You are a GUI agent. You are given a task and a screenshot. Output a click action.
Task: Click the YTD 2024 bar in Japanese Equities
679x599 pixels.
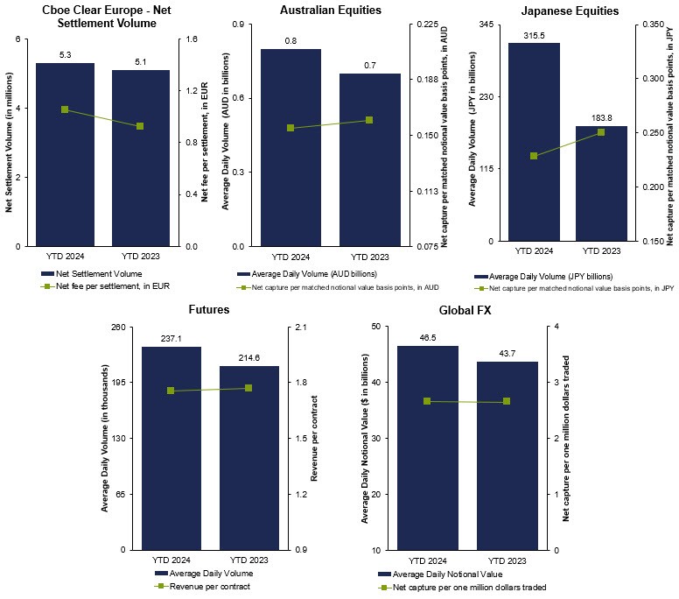534,142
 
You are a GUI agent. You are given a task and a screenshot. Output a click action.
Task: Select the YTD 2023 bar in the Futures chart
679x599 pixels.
248,457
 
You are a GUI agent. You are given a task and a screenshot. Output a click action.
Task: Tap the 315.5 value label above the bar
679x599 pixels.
534,36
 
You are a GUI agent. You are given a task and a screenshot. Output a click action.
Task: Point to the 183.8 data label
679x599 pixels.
601,118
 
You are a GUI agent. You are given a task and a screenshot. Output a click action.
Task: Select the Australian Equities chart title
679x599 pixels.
330,11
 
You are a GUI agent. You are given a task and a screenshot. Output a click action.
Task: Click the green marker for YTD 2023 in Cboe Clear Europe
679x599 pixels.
140,126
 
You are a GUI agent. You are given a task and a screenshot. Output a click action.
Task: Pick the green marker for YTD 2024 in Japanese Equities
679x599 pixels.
534,156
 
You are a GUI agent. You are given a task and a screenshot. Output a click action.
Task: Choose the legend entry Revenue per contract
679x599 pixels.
208,587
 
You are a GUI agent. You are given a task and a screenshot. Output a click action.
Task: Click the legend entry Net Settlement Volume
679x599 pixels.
98,274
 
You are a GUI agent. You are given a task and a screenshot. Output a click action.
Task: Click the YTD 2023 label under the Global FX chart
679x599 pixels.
507,560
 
